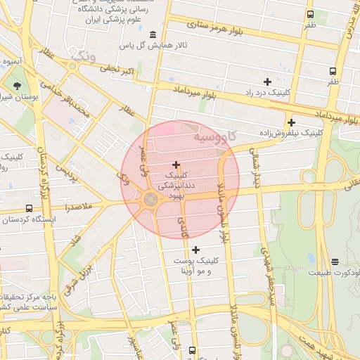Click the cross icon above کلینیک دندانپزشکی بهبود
coord(175,164)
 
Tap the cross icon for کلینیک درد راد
coord(266,82)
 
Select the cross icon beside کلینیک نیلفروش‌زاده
coord(291,122)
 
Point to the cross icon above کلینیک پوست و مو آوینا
coord(195,250)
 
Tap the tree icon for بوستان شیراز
coord(15,85)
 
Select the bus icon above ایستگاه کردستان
coord(29,208)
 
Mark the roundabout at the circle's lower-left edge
coord(150,200)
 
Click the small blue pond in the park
coord(311,258)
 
